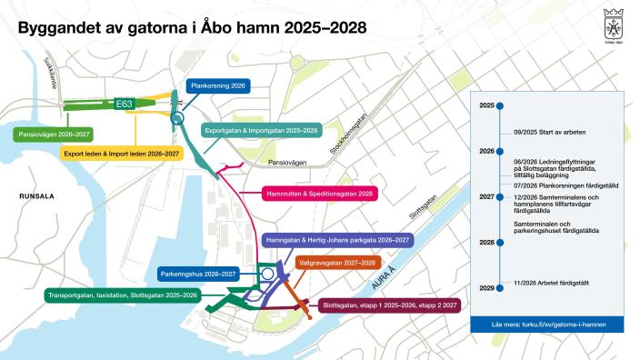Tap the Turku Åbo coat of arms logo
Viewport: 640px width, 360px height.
coord(612,22)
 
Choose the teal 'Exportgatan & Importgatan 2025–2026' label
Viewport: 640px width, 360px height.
coord(261,130)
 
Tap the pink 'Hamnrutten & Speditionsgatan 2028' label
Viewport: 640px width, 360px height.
coord(310,194)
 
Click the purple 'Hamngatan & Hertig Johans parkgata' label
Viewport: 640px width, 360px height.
coord(336,241)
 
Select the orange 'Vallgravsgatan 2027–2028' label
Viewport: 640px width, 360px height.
coord(336,262)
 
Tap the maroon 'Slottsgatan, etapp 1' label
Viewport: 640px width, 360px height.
coord(388,305)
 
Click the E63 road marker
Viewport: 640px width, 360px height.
coord(125,105)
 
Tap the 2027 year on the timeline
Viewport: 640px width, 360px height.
coord(486,196)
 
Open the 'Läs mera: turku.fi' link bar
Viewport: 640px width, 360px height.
coord(548,325)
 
